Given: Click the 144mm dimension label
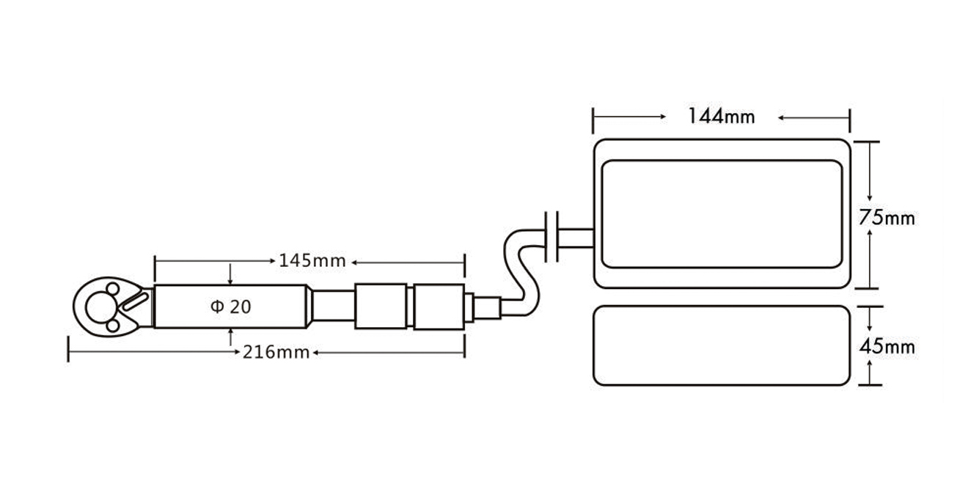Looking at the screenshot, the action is point(722,117).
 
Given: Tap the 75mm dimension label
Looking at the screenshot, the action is point(887,217).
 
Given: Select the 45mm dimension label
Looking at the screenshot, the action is point(887,347).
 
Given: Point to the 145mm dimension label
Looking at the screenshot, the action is point(312,260).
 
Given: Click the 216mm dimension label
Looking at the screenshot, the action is point(276,352).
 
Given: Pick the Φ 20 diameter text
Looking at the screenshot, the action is point(230,307).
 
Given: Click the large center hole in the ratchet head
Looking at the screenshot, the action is point(101,307).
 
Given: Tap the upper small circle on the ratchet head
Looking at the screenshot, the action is point(113,289).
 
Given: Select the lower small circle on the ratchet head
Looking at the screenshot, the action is point(113,326).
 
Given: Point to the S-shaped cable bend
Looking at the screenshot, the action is point(521,271).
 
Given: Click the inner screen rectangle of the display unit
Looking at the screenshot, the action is point(722,214).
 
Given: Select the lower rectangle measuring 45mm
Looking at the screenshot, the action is point(722,345).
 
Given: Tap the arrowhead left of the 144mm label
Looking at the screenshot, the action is point(662,117).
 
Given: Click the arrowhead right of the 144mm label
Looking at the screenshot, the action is point(781,117).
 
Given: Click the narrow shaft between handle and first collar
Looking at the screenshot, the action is point(333,306).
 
